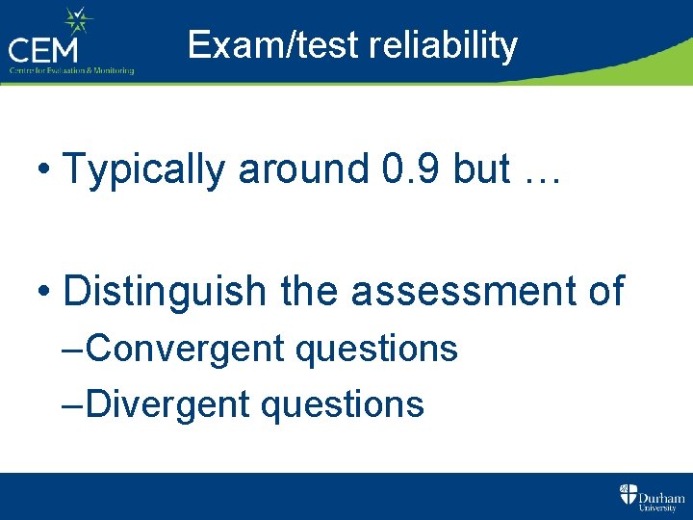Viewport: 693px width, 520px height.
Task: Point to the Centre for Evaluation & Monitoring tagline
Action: (71, 70)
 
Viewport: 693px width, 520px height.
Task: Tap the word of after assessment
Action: (603, 290)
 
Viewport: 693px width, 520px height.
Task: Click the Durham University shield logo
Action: (628, 495)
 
